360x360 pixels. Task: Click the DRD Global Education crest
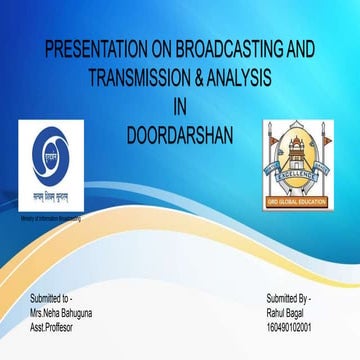(x=295, y=160)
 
